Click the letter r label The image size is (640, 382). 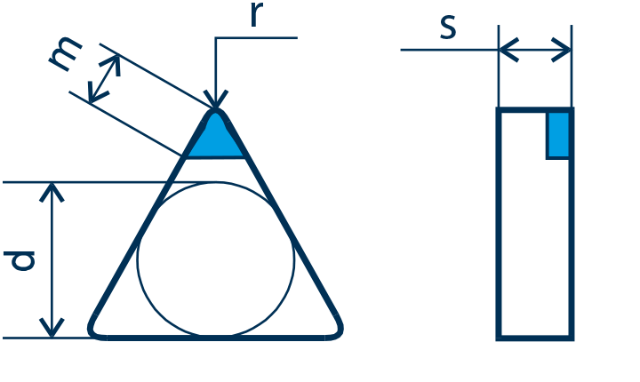pyautogui.click(x=256, y=15)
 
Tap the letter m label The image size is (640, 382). pyautogui.click(x=65, y=54)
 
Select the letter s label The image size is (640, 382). pyautogui.click(x=448, y=28)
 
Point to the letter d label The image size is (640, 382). pyautogui.click(x=20, y=261)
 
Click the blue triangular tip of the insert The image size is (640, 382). pyautogui.click(x=215, y=136)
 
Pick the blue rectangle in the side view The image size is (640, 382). pyautogui.click(x=558, y=135)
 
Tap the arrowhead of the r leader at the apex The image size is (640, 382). pyautogui.click(x=215, y=99)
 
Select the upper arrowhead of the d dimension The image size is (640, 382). pyautogui.click(x=52, y=192)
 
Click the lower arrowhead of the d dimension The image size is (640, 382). pyautogui.click(x=52, y=328)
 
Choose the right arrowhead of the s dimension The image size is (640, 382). pyautogui.click(x=562, y=50)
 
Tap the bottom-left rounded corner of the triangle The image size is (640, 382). pyautogui.click(x=95, y=330)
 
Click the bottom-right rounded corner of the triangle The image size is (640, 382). pyautogui.click(x=335, y=330)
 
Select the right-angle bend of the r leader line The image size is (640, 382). pyautogui.click(x=215, y=38)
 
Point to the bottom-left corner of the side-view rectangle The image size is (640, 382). pyautogui.click(x=498, y=338)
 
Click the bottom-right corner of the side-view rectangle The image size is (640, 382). pyautogui.click(x=572, y=338)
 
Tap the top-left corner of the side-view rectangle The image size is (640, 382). pyautogui.click(x=498, y=110)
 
